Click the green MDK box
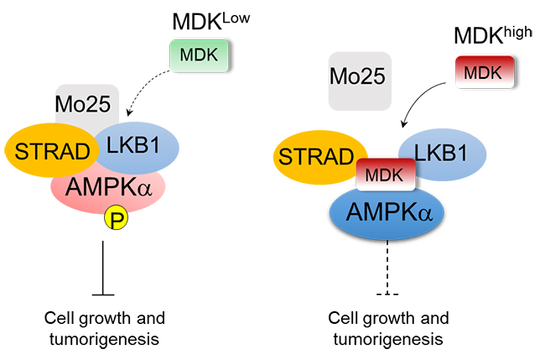pos(195,55)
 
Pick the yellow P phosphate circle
pos(115,220)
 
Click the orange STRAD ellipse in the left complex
pos(48,151)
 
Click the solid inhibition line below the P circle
pos(102,269)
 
